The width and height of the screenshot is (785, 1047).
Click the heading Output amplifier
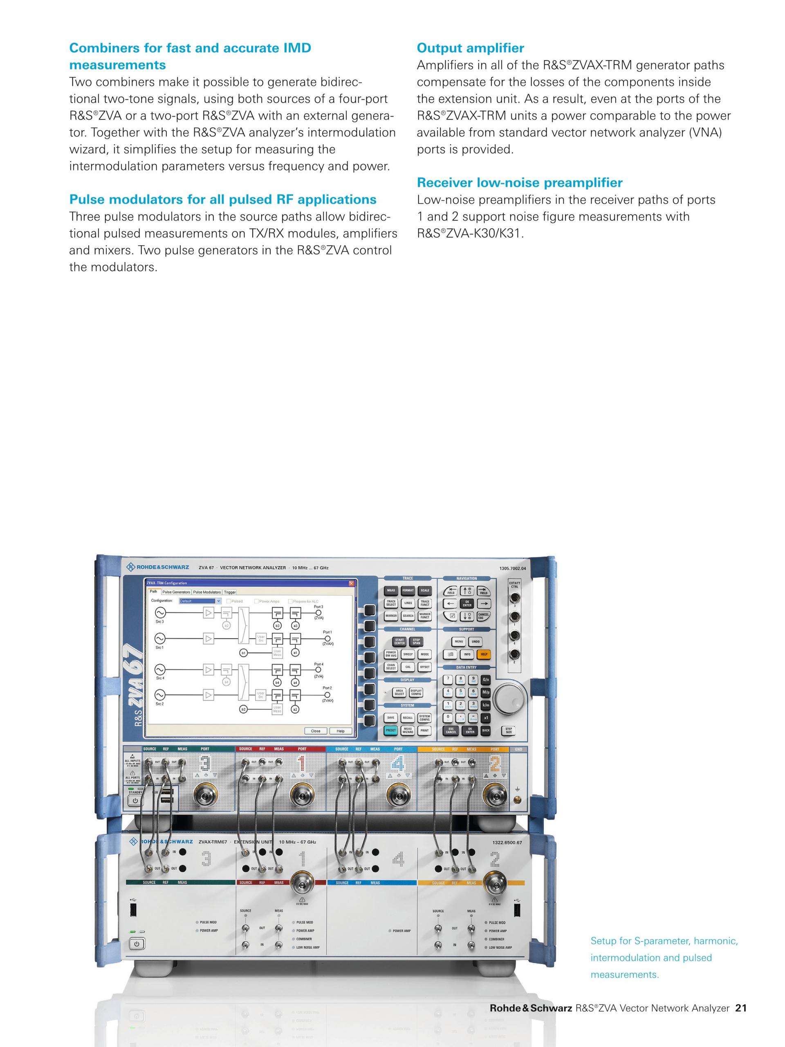point(470,48)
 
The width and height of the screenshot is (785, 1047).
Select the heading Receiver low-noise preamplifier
point(519,183)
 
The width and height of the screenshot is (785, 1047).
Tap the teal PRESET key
point(391,730)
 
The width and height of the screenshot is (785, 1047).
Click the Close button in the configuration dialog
point(316,731)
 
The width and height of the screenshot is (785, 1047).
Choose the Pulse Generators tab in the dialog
point(176,592)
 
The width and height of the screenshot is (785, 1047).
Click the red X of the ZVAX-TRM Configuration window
point(351,583)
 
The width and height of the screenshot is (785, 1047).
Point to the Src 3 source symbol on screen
point(160,613)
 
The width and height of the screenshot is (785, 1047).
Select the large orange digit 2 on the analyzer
point(494,764)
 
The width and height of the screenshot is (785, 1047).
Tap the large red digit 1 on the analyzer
point(301,764)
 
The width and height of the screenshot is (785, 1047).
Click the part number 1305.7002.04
point(512,568)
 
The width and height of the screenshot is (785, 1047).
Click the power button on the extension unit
point(136,944)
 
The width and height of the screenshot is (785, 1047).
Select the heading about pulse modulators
point(222,199)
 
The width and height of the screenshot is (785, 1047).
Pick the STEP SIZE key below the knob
point(509,730)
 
